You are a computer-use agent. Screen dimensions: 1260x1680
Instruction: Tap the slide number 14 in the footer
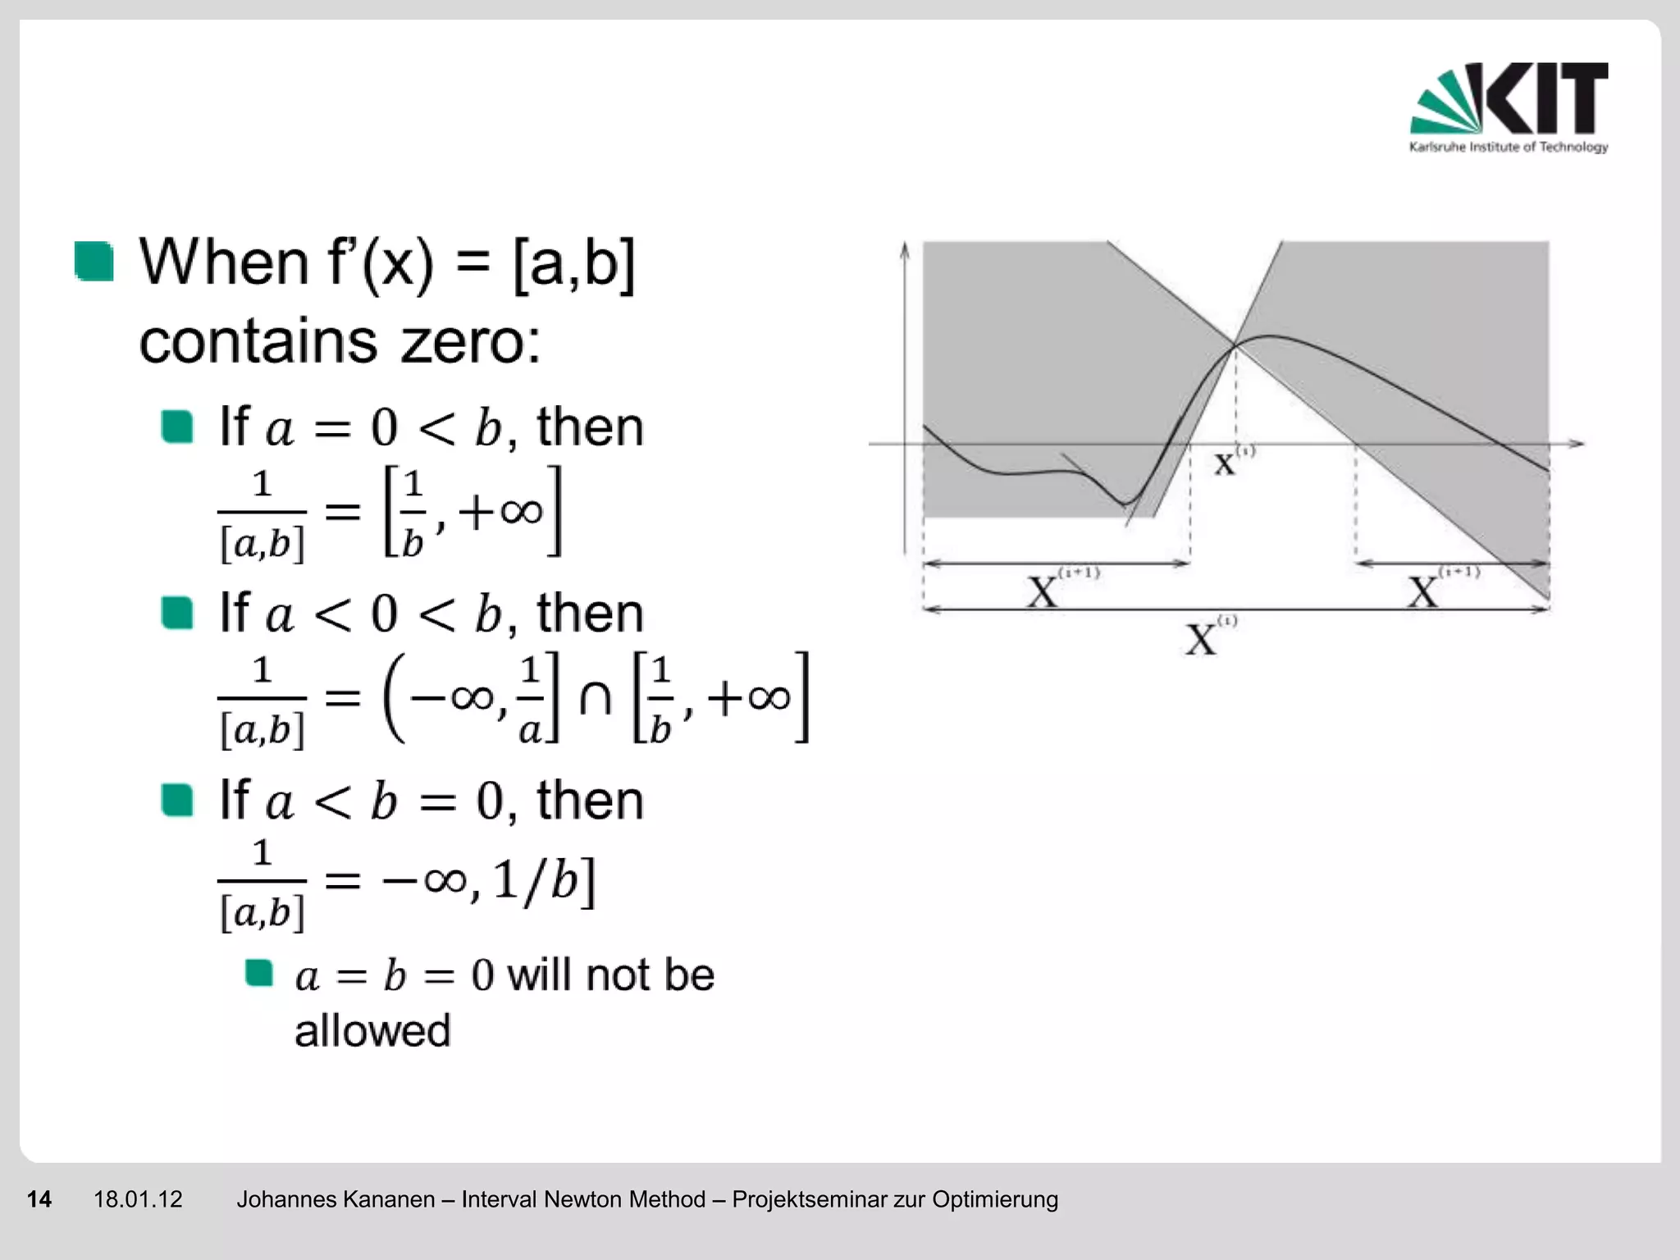click(x=39, y=1199)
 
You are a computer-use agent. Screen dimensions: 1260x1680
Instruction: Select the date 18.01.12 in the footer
click(x=138, y=1199)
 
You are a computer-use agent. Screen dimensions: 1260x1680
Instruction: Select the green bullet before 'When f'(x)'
click(x=94, y=261)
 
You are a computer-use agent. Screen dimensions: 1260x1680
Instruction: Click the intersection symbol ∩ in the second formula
click(x=596, y=699)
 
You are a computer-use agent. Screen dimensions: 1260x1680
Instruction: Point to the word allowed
click(x=372, y=1030)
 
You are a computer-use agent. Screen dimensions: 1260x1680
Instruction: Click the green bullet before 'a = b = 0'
click(x=259, y=973)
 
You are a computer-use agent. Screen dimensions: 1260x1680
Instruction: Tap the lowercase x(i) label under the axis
click(x=1230, y=461)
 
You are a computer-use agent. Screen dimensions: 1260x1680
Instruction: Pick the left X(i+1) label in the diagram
click(x=1058, y=587)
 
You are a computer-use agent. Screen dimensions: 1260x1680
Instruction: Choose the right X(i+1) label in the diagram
click(x=1439, y=587)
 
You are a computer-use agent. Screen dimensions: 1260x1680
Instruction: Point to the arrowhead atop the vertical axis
click(x=905, y=249)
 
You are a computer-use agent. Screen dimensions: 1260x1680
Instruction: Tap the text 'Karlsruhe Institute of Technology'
click(x=1508, y=147)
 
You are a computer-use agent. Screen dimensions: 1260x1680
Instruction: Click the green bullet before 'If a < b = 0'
click(x=177, y=800)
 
